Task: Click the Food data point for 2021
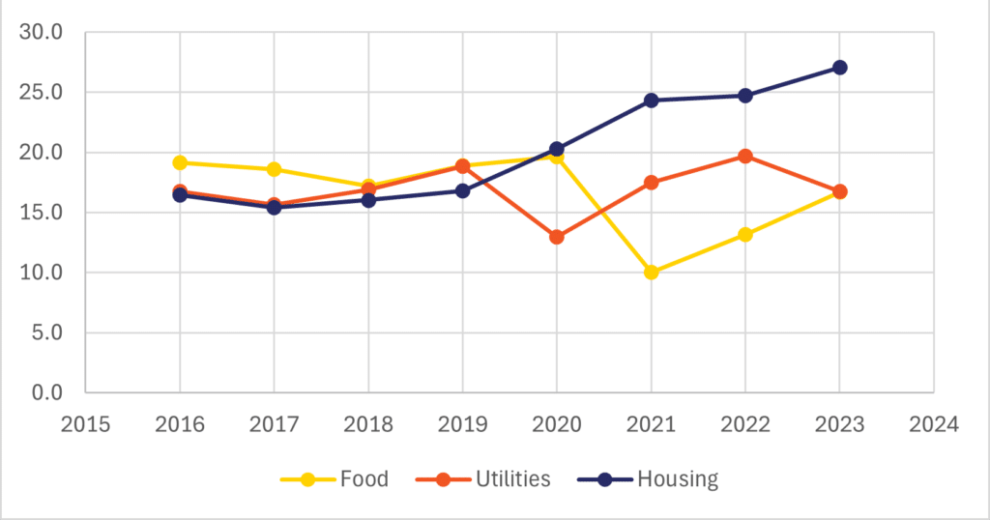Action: [x=651, y=273]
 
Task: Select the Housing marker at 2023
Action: [x=839, y=68]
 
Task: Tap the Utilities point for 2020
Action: [x=557, y=237]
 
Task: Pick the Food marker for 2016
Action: [x=180, y=162]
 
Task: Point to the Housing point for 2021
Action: [x=651, y=101]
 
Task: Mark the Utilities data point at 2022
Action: [x=745, y=156]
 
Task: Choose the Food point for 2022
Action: [x=745, y=235]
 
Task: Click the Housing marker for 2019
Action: [x=462, y=191]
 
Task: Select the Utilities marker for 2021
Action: [x=651, y=183]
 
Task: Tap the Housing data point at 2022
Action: [x=745, y=96]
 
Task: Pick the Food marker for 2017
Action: [x=274, y=169]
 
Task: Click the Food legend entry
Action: [x=335, y=479]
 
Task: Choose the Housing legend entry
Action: [x=648, y=479]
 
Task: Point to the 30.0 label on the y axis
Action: [x=41, y=33]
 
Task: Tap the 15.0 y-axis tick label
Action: [x=41, y=213]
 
